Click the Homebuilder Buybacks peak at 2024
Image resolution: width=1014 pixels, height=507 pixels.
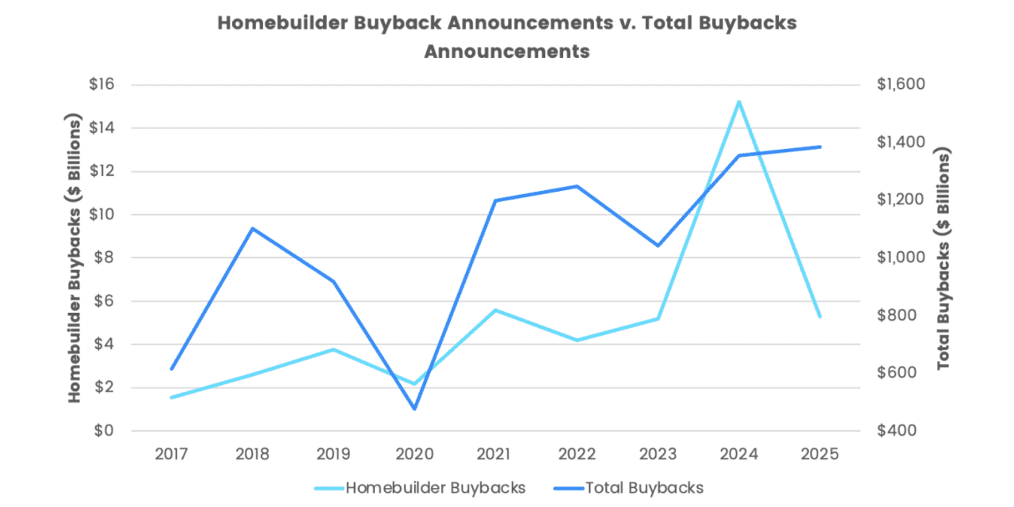pyautogui.click(x=738, y=101)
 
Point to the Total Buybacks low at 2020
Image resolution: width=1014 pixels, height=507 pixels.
pyautogui.click(x=414, y=409)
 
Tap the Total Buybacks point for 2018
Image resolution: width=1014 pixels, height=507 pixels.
pyautogui.click(x=252, y=228)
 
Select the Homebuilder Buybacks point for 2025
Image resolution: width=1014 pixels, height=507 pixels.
pyautogui.click(x=820, y=316)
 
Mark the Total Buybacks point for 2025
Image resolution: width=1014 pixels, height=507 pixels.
pyautogui.click(x=820, y=147)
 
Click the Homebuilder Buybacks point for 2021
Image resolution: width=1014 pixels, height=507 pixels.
pyautogui.click(x=495, y=310)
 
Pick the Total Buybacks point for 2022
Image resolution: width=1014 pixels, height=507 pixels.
pyautogui.click(x=577, y=186)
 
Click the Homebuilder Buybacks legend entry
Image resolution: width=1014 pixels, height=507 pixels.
pyautogui.click(x=435, y=488)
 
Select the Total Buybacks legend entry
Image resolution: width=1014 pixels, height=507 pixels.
pyautogui.click(x=644, y=488)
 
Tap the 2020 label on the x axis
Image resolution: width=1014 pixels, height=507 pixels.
pyautogui.click(x=414, y=454)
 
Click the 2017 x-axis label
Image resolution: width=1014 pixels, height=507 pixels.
pyautogui.click(x=171, y=454)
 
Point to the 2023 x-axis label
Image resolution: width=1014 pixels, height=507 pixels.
pyautogui.click(x=658, y=454)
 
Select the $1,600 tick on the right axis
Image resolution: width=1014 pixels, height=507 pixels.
pyautogui.click(x=902, y=85)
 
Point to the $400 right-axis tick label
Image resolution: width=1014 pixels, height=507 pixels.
pyautogui.click(x=897, y=431)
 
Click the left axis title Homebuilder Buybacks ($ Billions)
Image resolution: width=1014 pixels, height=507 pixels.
pyautogui.click(x=74, y=257)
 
